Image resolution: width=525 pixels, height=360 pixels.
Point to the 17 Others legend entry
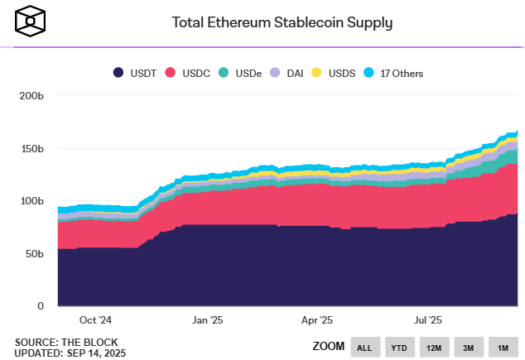coord(394,74)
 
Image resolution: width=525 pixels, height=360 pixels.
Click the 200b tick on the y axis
coord(30,97)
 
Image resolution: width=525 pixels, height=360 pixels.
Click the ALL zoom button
coord(364,347)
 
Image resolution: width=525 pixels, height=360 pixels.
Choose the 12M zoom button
coord(434,347)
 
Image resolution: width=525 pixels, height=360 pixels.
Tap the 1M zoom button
coord(502,347)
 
